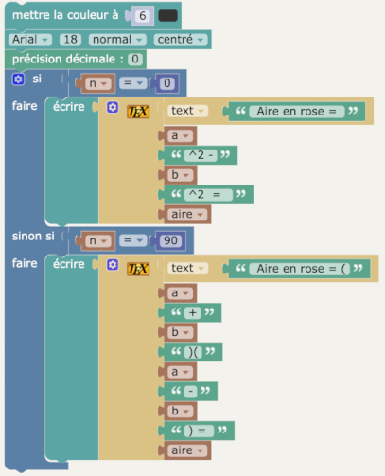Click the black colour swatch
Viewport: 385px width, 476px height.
167,16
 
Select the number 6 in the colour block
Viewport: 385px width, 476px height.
143,16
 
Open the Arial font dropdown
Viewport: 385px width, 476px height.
30,40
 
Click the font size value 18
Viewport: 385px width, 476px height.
70,40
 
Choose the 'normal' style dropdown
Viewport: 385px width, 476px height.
117,40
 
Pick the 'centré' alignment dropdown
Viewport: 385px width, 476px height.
181,40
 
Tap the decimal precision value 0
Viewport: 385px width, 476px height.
135,60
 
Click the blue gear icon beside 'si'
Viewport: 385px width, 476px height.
18,79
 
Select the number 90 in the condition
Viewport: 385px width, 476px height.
170,240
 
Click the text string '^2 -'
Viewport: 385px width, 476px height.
201,155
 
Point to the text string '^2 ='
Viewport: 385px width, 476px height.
208,195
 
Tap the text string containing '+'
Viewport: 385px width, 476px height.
193,312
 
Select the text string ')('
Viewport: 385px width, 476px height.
193,352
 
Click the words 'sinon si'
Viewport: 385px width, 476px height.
33,237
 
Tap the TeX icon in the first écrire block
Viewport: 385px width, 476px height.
138,112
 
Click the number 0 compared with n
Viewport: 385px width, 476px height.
167,83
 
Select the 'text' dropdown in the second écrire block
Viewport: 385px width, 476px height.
187,268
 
